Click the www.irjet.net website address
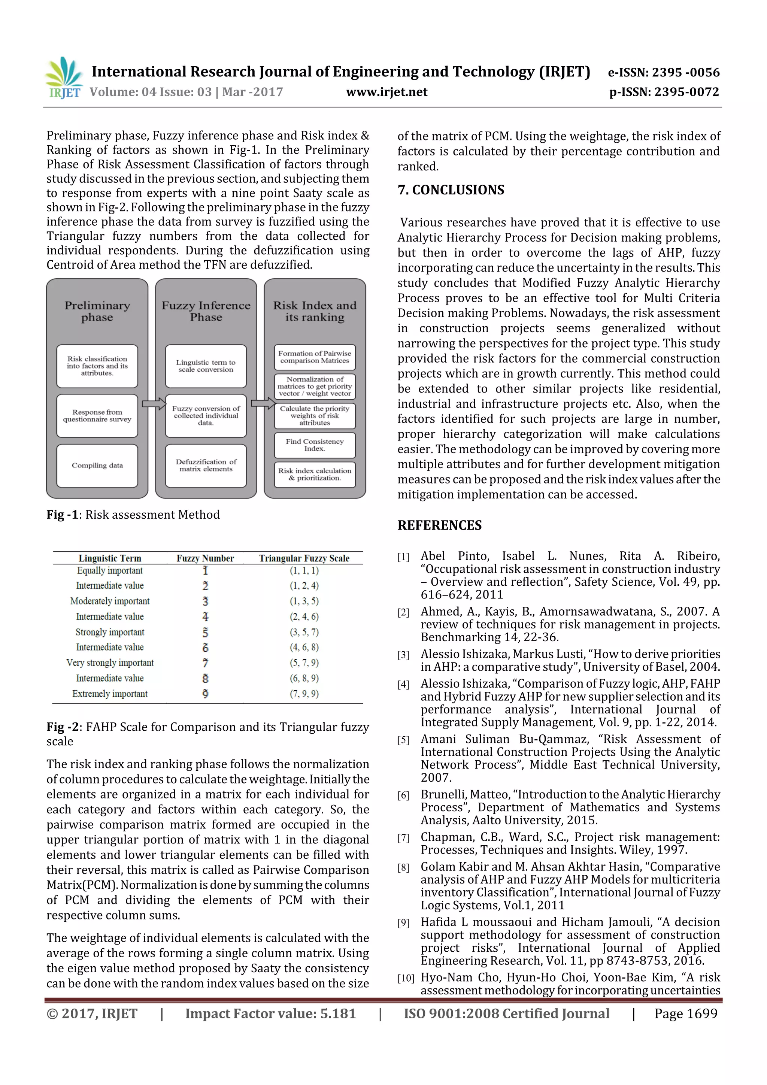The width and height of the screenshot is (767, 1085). pos(386,92)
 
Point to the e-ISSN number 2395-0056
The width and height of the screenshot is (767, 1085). pos(664,72)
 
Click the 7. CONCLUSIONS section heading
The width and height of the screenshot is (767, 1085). pos(451,190)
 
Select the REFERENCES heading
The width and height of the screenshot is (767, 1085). pos(440,525)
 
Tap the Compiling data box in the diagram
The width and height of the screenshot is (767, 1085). pos(97,466)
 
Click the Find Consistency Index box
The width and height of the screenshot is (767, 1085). pos(315,445)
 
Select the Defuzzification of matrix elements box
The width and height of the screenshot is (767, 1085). pos(206,466)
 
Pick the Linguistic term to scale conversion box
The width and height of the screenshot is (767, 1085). pos(206,366)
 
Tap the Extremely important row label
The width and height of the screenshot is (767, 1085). pos(110,694)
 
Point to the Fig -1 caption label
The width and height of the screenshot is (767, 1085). pos(63,515)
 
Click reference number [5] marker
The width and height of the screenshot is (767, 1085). pos(403,740)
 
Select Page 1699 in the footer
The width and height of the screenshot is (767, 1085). pos(686,1013)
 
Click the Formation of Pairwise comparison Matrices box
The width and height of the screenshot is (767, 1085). pos(315,357)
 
